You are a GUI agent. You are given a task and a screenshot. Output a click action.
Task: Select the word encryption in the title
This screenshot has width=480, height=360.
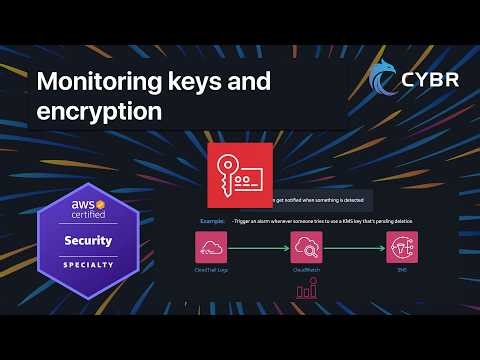tap(99, 111)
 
